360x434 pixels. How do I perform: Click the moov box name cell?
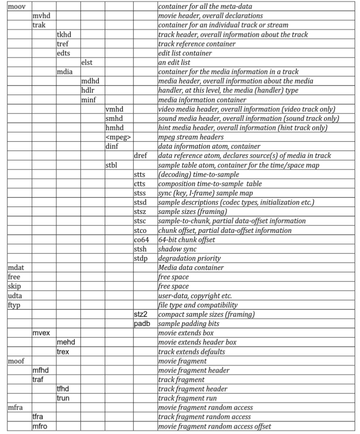[x=14, y=6]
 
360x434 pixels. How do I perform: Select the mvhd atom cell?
[x=39, y=16]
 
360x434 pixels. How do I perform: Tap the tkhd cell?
[x=64, y=35]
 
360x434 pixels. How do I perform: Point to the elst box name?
[x=87, y=62]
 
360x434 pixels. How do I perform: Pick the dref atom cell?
[x=140, y=156]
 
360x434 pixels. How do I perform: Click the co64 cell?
[x=141, y=239]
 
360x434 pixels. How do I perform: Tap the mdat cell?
[x=15, y=268]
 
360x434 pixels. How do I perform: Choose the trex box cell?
[x=63, y=352]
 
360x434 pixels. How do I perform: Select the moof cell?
[x=15, y=361]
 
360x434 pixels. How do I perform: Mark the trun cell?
[x=63, y=398]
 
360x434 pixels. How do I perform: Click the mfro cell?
[x=40, y=426]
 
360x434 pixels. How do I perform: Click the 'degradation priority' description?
[x=189, y=258]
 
